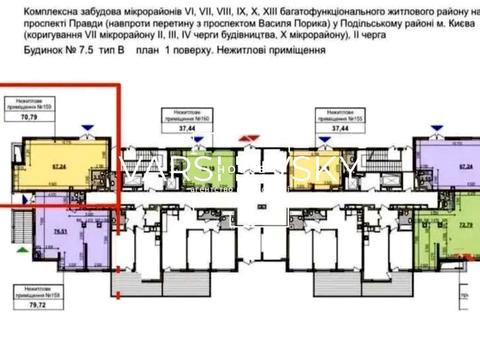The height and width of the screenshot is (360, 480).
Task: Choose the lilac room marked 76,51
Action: click(x=50, y=235)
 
